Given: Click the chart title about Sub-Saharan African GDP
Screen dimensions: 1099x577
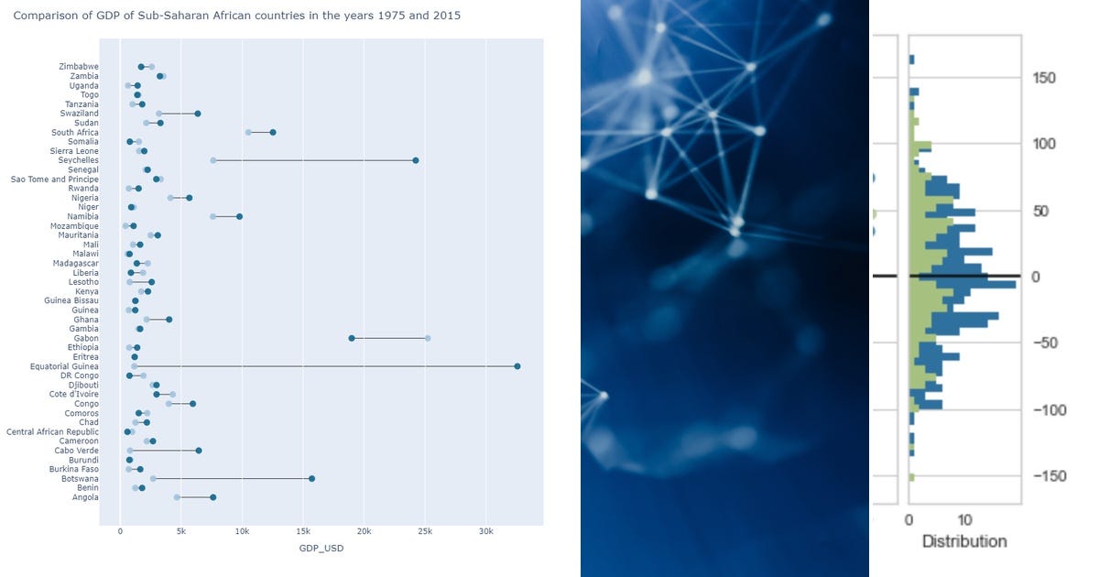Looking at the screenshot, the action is click(x=237, y=16).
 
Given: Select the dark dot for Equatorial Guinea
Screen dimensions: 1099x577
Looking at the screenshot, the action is click(x=517, y=366).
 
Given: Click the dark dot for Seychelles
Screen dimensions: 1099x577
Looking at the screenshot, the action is click(x=416, y=160).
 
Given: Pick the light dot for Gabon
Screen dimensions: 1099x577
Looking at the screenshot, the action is click(x=428, y=338).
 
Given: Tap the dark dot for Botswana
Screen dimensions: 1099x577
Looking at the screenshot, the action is click(x=312, y=478).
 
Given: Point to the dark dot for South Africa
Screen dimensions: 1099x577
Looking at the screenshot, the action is click(x=273, y=133).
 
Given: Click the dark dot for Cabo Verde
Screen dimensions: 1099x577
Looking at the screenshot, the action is click(x=199, y=451).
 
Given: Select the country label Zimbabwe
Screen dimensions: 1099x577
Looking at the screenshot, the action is click(x=79, y=66).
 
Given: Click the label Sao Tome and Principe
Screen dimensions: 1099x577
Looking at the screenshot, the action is click(x=54, y=180).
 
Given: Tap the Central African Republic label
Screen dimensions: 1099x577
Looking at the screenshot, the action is click(x=52, y=431).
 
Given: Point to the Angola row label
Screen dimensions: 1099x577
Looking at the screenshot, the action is click(x=85, y=497).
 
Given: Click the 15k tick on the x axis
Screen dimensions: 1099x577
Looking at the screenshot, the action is click(x=303, y=531).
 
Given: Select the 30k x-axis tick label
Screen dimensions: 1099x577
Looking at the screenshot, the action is click(x=486, y=531).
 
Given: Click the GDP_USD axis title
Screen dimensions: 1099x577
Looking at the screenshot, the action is click(x=321, y=548).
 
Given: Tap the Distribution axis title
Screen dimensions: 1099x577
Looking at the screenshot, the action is click(x=964, y=541).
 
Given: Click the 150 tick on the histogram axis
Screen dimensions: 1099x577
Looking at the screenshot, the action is click(x=1044, y=78).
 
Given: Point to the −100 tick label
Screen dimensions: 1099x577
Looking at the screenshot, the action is click(x=1050, y=410).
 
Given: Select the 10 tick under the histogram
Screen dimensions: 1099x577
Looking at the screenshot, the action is click(x=964, y=520).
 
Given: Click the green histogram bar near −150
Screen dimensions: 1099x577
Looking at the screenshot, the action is click(x=911, y=477).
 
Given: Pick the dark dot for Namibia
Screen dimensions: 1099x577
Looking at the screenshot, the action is click(x=239, y=216).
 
